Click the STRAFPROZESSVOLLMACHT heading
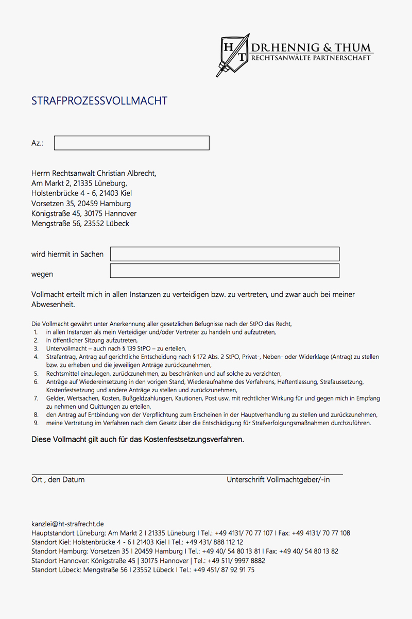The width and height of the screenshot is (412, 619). click(x=99, y=101)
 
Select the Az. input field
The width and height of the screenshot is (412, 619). click(x=131, y=143)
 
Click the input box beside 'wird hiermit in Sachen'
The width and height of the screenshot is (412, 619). click(x=225, y=254)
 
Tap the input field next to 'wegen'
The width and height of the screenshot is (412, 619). click(x=225, y=271)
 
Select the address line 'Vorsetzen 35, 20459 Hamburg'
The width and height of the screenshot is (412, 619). click(x=81, y=204)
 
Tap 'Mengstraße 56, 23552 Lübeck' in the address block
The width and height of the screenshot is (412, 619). click(x=80, y=224)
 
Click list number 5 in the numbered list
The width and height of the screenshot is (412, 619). click(x=36, y=373)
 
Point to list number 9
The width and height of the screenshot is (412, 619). click(x=36, y=423)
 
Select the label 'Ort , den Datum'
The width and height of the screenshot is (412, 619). click(x=58, y=480)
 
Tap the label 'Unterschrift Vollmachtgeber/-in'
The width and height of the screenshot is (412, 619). click(x=278, y=480)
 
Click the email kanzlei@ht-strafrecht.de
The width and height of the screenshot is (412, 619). click(x=67, y=524)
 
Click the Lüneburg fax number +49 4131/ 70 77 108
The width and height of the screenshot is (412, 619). click(x=324, y=533)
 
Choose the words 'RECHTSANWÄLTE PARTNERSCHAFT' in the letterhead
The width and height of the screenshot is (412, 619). click(x=311, y=58)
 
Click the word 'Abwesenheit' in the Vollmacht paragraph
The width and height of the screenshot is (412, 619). click(x=53, y=305)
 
